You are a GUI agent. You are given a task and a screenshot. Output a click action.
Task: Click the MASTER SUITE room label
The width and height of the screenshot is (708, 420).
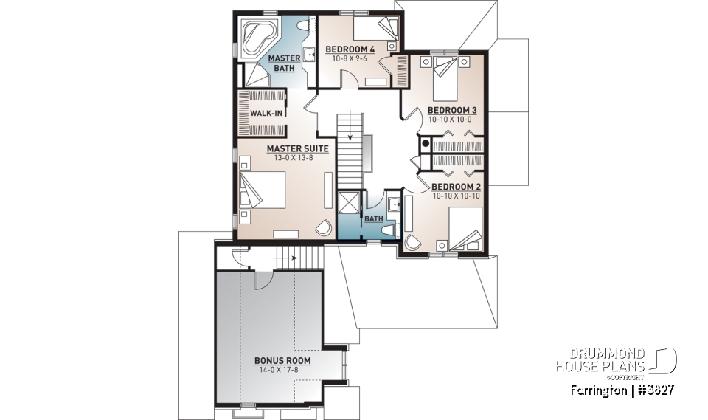[297, 148]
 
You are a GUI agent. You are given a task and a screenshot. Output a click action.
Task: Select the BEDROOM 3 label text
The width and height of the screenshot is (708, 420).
[453, 111]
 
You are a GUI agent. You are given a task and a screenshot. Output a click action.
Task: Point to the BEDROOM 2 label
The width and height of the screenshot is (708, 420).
[457, 187]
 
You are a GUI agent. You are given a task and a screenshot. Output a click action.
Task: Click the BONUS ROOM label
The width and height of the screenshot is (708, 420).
[282, 361]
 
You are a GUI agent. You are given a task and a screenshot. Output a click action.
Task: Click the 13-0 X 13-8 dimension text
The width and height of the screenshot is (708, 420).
[297, 157]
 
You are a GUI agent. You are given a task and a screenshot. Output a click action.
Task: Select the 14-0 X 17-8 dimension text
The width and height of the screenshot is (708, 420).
[282, 370]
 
